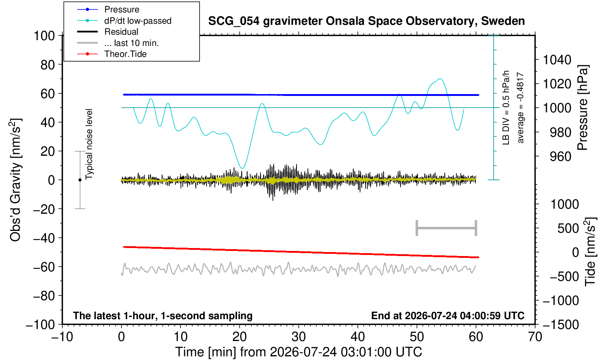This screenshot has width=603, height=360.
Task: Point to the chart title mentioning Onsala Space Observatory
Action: coord(366,21)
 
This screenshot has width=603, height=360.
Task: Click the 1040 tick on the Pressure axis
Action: coord(557,59)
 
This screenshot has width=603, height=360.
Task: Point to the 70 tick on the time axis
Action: coord(535,337)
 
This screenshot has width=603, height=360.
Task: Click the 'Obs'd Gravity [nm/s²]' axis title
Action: coord(15,180)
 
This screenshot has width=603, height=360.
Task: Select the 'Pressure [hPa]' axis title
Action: coord(583,108)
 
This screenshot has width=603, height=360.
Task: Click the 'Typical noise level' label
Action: coord(89,144)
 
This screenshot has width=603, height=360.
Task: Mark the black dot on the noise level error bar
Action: coord(80,180)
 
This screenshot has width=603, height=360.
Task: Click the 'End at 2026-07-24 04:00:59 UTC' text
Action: coord(448,316)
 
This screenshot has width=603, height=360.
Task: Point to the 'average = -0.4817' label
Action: coord(520,108)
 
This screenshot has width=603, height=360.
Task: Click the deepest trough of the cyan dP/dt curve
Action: coord(243,168)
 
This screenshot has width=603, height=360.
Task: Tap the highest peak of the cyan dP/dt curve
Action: coord(440,79)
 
